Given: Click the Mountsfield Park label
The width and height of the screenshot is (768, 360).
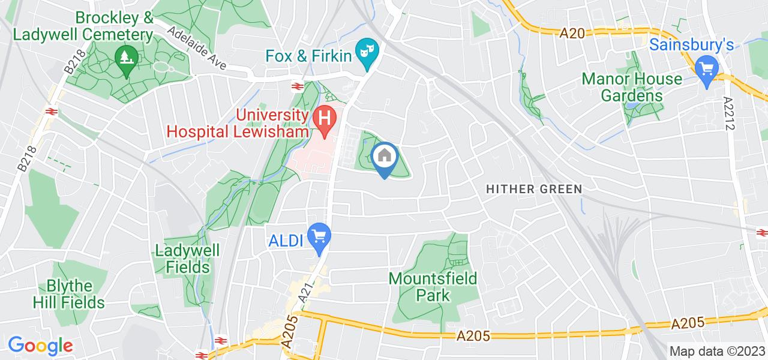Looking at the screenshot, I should (433, 287).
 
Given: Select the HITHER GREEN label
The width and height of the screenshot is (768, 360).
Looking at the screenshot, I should (534, 189).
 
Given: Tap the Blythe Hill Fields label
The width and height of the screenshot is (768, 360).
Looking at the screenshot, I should (77, 294).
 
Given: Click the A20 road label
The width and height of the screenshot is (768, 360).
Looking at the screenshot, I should (571, 34).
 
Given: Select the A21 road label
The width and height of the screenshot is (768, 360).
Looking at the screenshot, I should (307, 294).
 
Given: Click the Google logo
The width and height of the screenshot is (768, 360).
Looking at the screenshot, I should (40, 346).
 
